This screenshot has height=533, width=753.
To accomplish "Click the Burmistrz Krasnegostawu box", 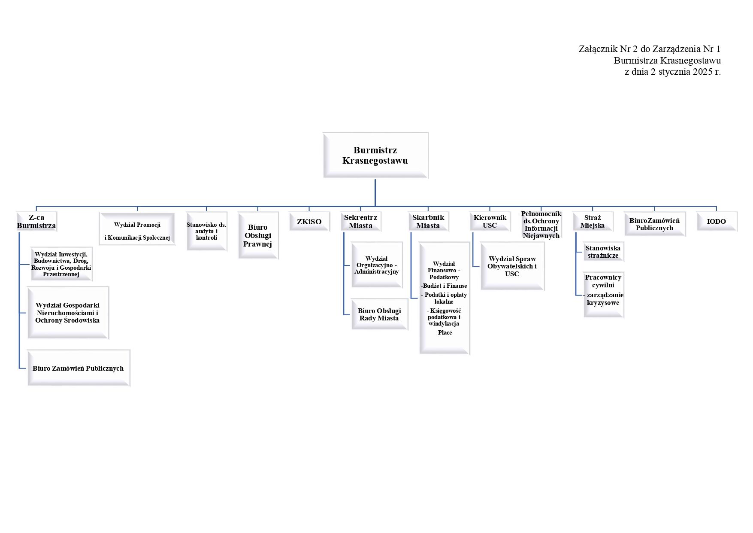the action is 375,155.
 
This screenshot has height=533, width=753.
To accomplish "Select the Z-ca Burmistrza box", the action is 36,222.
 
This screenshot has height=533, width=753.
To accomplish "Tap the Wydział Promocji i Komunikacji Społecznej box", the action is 137,229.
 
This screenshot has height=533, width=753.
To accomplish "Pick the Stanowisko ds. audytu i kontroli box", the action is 206,231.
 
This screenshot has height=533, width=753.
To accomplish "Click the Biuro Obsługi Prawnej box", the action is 258,236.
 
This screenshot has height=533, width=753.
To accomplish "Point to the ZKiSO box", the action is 309,222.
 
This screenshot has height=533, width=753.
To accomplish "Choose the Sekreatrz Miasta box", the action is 361,222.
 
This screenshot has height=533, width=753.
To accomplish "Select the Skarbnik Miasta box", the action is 428,222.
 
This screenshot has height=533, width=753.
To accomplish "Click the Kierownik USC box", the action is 490,222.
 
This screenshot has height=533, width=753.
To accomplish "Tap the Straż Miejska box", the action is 593,222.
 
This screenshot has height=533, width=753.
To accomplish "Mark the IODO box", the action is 717,222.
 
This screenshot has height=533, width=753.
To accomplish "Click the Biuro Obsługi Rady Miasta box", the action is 379,314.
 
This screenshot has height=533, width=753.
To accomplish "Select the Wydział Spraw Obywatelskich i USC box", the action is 512,266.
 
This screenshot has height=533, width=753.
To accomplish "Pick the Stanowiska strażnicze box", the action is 603,252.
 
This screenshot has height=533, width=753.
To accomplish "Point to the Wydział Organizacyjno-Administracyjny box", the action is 377,265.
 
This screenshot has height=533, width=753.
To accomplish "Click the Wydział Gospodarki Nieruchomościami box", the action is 68,313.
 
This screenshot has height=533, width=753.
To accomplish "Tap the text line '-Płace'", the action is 444,332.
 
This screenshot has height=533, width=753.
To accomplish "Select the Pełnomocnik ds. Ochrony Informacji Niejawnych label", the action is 541,225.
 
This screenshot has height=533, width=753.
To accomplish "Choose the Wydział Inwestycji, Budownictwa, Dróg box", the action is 61,264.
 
